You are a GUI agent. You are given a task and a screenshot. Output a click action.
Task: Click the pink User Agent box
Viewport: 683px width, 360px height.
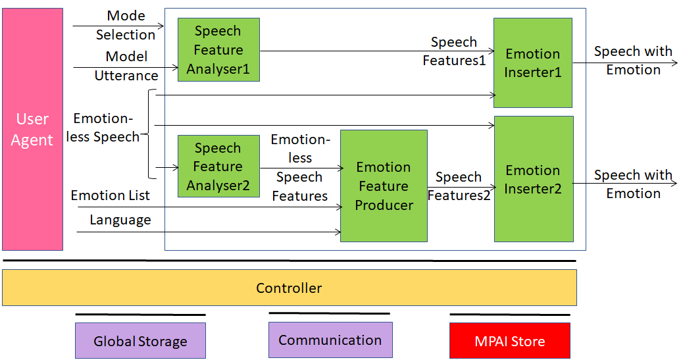[32, 130]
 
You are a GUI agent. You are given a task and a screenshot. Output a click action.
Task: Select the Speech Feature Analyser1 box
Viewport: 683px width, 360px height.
[218, 50]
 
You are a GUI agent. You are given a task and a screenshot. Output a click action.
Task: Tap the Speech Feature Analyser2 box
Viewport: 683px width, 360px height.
[218, 167]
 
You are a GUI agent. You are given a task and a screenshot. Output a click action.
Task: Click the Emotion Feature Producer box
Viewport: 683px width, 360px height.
[384, 186]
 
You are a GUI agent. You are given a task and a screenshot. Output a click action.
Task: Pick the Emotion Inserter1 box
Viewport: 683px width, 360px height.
[532, 63]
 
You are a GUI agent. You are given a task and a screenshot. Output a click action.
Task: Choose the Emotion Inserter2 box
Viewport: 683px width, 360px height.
[534, 180]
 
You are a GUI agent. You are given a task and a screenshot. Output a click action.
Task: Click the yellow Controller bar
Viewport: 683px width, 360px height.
[289, 288]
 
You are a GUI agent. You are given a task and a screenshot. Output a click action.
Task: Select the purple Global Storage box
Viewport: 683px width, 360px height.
[140, 341]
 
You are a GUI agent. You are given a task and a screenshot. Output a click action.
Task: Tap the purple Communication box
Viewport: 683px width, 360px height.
[330, 340]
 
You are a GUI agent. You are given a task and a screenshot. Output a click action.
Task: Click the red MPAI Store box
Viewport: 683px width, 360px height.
[509, 341]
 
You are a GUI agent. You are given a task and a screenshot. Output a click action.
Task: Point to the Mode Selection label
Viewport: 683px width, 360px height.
[126, 25]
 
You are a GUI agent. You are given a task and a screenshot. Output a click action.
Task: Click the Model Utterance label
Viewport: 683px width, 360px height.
[126, 66]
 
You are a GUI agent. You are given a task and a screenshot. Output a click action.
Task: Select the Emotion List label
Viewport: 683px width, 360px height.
[110, 195]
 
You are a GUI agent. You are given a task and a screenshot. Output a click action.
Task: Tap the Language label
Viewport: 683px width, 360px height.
[120, 220]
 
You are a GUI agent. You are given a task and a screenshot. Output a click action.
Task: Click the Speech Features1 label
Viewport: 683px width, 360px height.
[454, 51]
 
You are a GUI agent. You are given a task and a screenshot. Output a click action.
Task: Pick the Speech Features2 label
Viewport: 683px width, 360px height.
[459, 186]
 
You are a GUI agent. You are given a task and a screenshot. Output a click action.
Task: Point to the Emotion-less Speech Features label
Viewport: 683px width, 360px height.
[300, 168]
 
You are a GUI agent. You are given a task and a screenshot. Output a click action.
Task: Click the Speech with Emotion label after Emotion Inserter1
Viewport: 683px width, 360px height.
[633, 61]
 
